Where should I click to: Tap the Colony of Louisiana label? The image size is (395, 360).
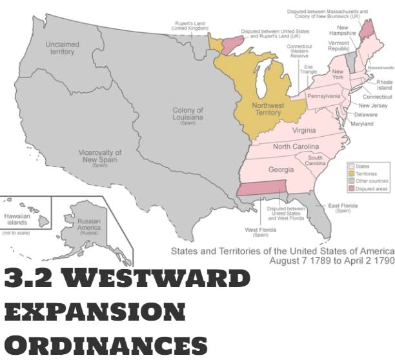(188, 117)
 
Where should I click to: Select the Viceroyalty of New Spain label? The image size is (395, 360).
(100, 157)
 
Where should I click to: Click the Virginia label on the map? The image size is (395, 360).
(286, 130)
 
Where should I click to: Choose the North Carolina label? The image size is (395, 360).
(296, 147)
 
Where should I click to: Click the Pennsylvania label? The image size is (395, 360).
(323, 96)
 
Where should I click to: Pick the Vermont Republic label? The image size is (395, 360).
(339, 46)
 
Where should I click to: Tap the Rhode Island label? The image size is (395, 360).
(385, 86)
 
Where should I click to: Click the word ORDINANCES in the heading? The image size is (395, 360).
(106, 343)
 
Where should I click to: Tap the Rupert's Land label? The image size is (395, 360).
(189, 26)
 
